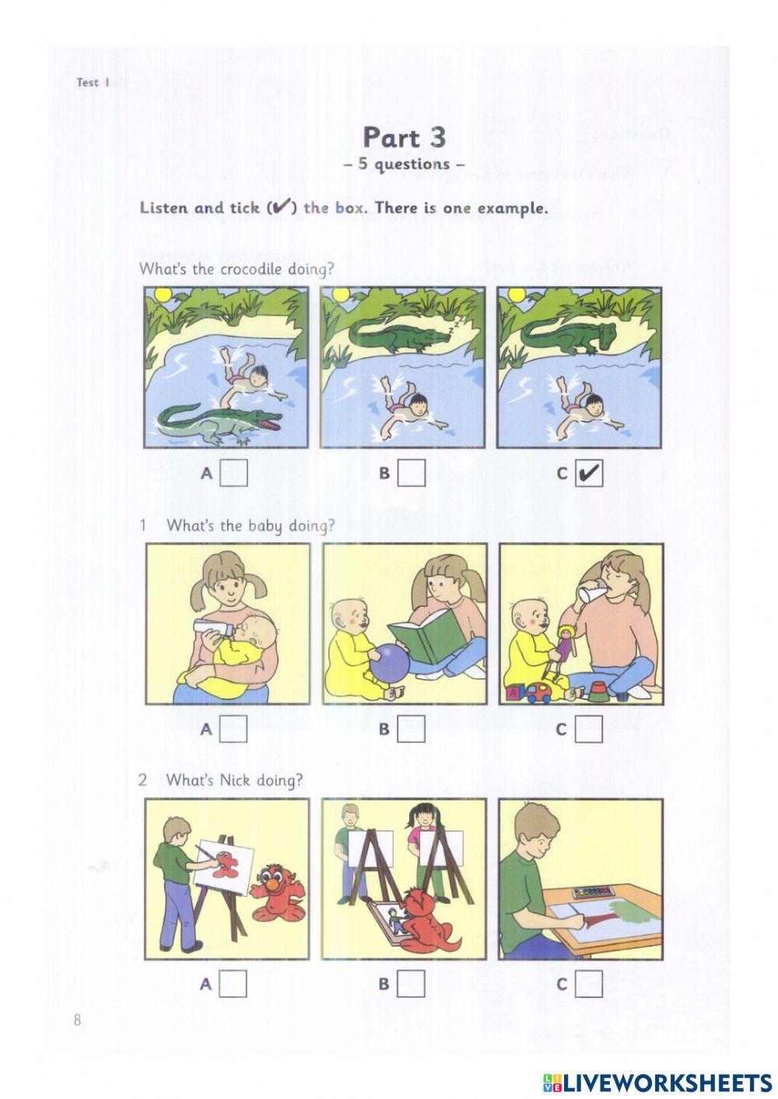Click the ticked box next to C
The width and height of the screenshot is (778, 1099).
point(589,473)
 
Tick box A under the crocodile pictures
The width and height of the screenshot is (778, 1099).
point(233,473)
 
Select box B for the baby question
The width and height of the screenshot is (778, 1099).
point(412,729)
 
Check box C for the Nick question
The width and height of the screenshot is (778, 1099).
point(589,984)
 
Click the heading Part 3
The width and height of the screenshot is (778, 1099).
point(404,138)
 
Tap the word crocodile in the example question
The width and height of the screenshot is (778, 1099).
point(251,269)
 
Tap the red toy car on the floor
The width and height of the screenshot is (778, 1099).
point(539,693)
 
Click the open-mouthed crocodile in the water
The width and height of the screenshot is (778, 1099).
point(219,422)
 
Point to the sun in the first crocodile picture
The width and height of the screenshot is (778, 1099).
point(162,295)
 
